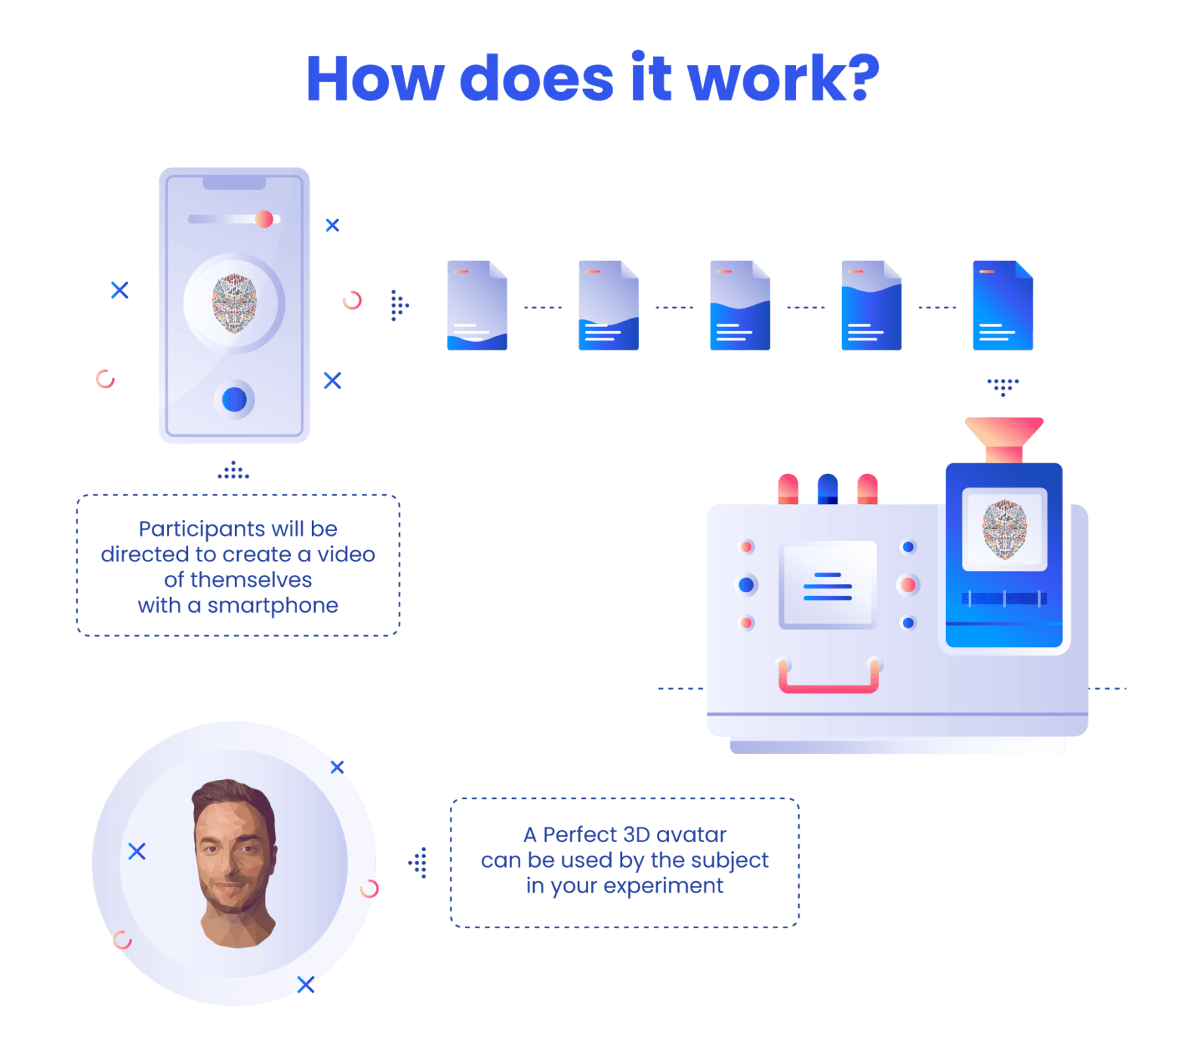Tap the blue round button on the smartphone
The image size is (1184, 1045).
click(x=234, y=399)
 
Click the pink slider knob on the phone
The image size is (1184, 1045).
click(x=264, y=219)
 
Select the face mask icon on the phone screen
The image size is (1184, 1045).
click(x=234, y=303)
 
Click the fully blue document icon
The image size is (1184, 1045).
click(x=1003, y=306)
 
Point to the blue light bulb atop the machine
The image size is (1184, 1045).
click(x=828, y=488)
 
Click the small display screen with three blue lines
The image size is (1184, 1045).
click(x=828, y=585)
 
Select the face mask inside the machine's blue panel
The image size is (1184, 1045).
click(x=1004, y=529)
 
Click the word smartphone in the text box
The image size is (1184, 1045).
click(x=273, y=605)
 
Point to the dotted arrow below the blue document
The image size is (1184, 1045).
click(x=1003, y=386)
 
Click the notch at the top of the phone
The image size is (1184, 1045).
click(x=234, y=183)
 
